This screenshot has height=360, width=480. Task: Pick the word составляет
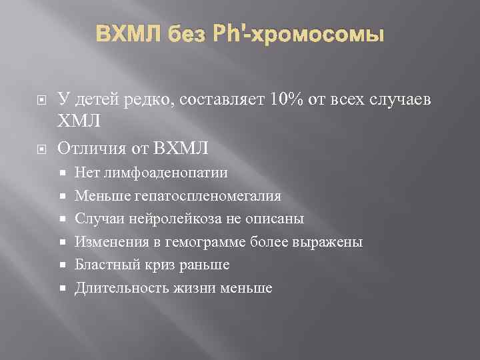click(x=225, y=100)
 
